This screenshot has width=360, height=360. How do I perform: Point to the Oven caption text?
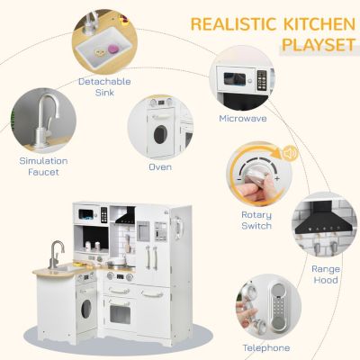tap(160, 166)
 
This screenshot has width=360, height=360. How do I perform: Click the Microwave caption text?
tap(242, 118)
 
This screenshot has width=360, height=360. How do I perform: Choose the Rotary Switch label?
tap(256, 220)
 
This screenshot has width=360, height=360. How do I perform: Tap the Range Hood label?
tap(326, 274)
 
